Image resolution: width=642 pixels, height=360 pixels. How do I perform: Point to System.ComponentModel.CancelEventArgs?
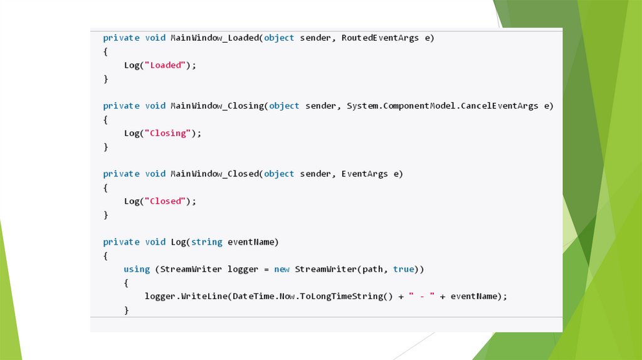click(x=442, y=105)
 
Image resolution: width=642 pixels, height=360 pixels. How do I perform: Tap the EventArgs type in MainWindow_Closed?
click(x=364, y=174)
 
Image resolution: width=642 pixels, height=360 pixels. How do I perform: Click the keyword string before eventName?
click(x=207, y=242)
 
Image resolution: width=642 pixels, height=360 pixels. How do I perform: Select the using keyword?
click(x=137, y=269)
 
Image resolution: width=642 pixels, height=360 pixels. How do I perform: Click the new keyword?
click(x=282, y=269)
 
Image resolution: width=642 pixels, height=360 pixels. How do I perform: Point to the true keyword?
click(x=404, y=269)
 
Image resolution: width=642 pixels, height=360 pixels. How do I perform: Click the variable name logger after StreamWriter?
click(x=243, y=269)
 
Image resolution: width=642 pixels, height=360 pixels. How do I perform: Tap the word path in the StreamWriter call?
click(x=375, y=269)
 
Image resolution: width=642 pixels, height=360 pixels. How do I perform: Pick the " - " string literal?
click(x=421, y=296)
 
